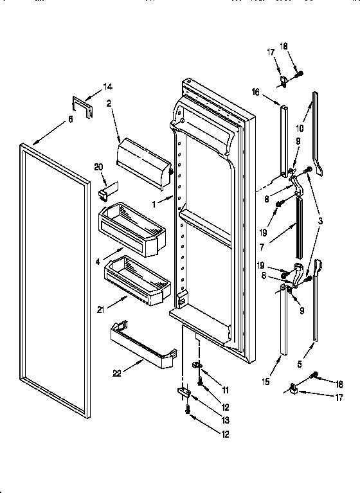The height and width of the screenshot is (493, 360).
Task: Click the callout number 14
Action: [107, 86]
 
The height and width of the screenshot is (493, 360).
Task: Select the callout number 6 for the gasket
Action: [70, 119]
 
